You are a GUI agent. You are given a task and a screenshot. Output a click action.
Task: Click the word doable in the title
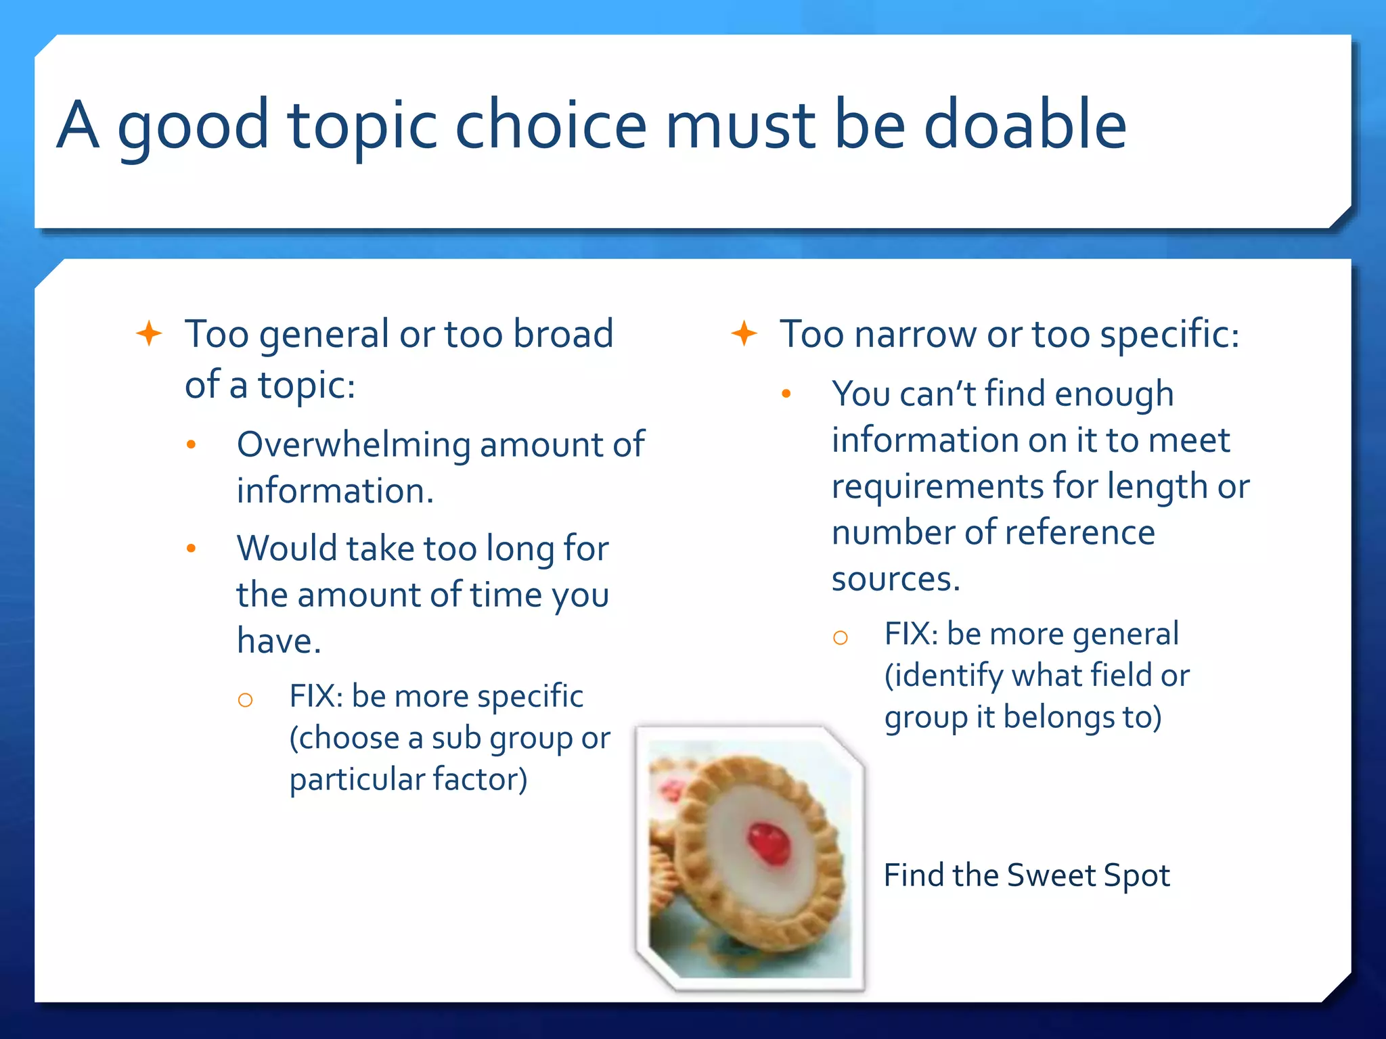click(x=1025, y=125)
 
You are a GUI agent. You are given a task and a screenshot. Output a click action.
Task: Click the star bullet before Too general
click(x=149, y=333)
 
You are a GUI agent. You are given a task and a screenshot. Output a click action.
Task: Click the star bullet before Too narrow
click(x=744, y=333)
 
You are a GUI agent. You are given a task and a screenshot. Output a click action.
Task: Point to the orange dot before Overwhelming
click(x=192, y=445)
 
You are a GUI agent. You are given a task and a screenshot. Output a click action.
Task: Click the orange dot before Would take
click(x=192, y=549)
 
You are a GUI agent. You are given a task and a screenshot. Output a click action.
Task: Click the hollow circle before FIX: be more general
click(x=841, y=638)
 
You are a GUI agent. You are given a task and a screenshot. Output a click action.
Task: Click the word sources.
click(x=895, y=580)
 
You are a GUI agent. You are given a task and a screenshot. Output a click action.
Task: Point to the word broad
click(x=563, y=333)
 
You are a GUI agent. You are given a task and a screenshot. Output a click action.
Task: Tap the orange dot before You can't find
click(x=786, y=394)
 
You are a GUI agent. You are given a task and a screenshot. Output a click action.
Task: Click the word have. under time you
click(x=278, y=641)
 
